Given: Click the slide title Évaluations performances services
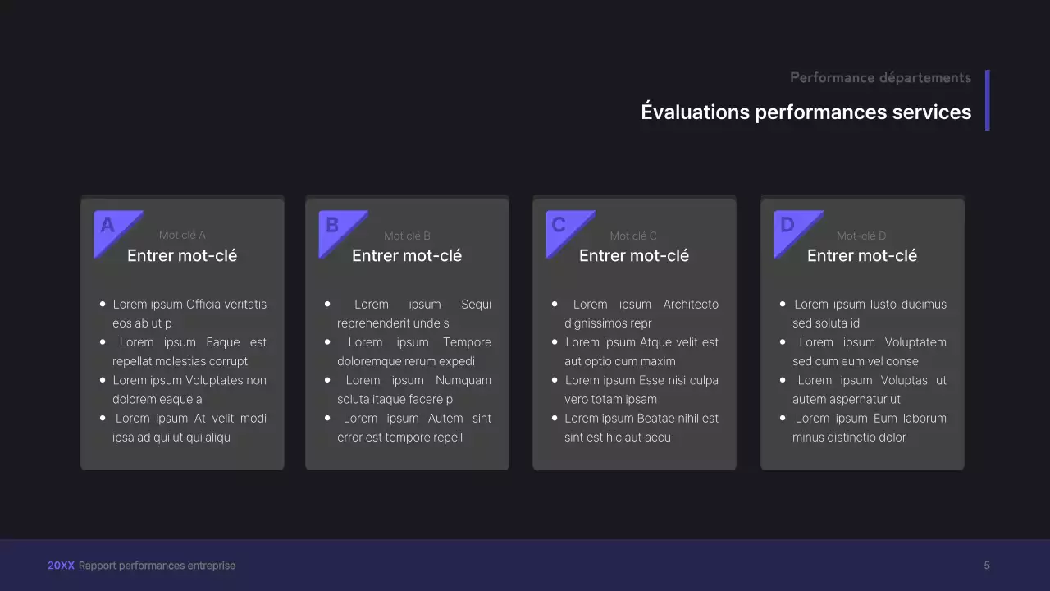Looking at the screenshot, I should coord(806,112).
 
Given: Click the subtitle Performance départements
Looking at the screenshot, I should coord(880,77).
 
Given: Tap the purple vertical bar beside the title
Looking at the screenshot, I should coord(987,99).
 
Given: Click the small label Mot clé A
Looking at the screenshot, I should coord(182,236).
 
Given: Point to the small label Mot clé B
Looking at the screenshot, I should coord(407,236).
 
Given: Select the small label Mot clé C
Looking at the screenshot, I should coord(633,236).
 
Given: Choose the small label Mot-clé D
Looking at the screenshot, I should coord(861,236).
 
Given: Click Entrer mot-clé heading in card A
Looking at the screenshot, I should coord(182,256).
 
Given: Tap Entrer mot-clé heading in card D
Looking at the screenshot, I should coord(861,256).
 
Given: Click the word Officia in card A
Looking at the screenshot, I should coord(204,305).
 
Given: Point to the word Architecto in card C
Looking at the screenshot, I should coord(690,305).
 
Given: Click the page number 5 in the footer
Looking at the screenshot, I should coord(987,566).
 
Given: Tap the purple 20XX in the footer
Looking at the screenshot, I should coord(61,566).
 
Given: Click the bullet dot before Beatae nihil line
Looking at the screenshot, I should coord(555,418).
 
